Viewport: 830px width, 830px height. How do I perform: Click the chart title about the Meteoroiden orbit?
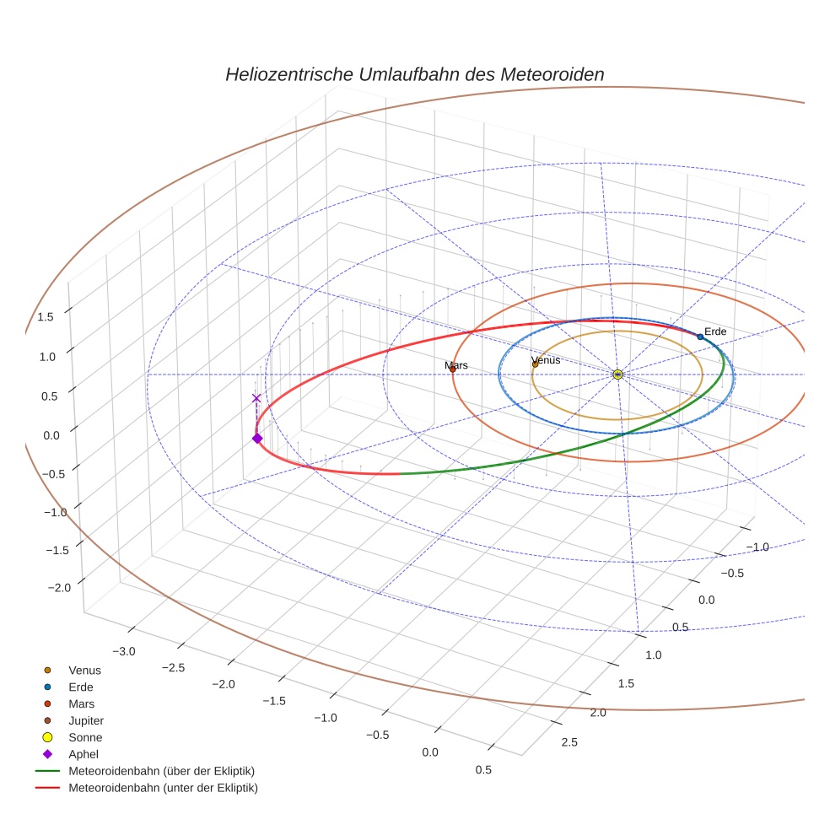(x=414, y=74)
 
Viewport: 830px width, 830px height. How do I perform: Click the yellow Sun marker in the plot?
(x=618, y=374)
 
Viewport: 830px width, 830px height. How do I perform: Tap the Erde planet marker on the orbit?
(x=700, y=337)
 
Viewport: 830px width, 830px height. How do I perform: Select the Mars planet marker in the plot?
(x=453, y=369)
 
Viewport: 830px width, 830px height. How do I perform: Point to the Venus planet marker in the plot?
(x=535, y=364)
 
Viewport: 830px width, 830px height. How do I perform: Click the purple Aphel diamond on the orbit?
(x=257, y=438)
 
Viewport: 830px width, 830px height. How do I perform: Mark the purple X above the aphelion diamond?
(x=256, y=398)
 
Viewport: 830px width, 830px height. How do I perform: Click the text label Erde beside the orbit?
(x=715, y=331)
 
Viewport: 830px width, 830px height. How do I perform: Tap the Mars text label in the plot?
(x=456, y=365)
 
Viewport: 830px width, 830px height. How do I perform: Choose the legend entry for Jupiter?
(x=86, y=720)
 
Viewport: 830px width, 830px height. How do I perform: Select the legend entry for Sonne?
(x=85, y=737)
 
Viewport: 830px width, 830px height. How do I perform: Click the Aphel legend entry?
(x=84, y=754)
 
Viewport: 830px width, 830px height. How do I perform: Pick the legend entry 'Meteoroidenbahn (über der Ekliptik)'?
(x=161, y=771)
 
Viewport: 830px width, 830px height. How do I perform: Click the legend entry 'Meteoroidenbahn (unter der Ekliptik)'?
(x=163, y=788)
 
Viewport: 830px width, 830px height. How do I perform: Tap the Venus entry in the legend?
(x=84, y=670)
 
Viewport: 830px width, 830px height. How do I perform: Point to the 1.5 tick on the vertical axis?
(x=46, y=316)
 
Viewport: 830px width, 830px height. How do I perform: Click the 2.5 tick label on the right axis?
(x=569, y=741)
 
